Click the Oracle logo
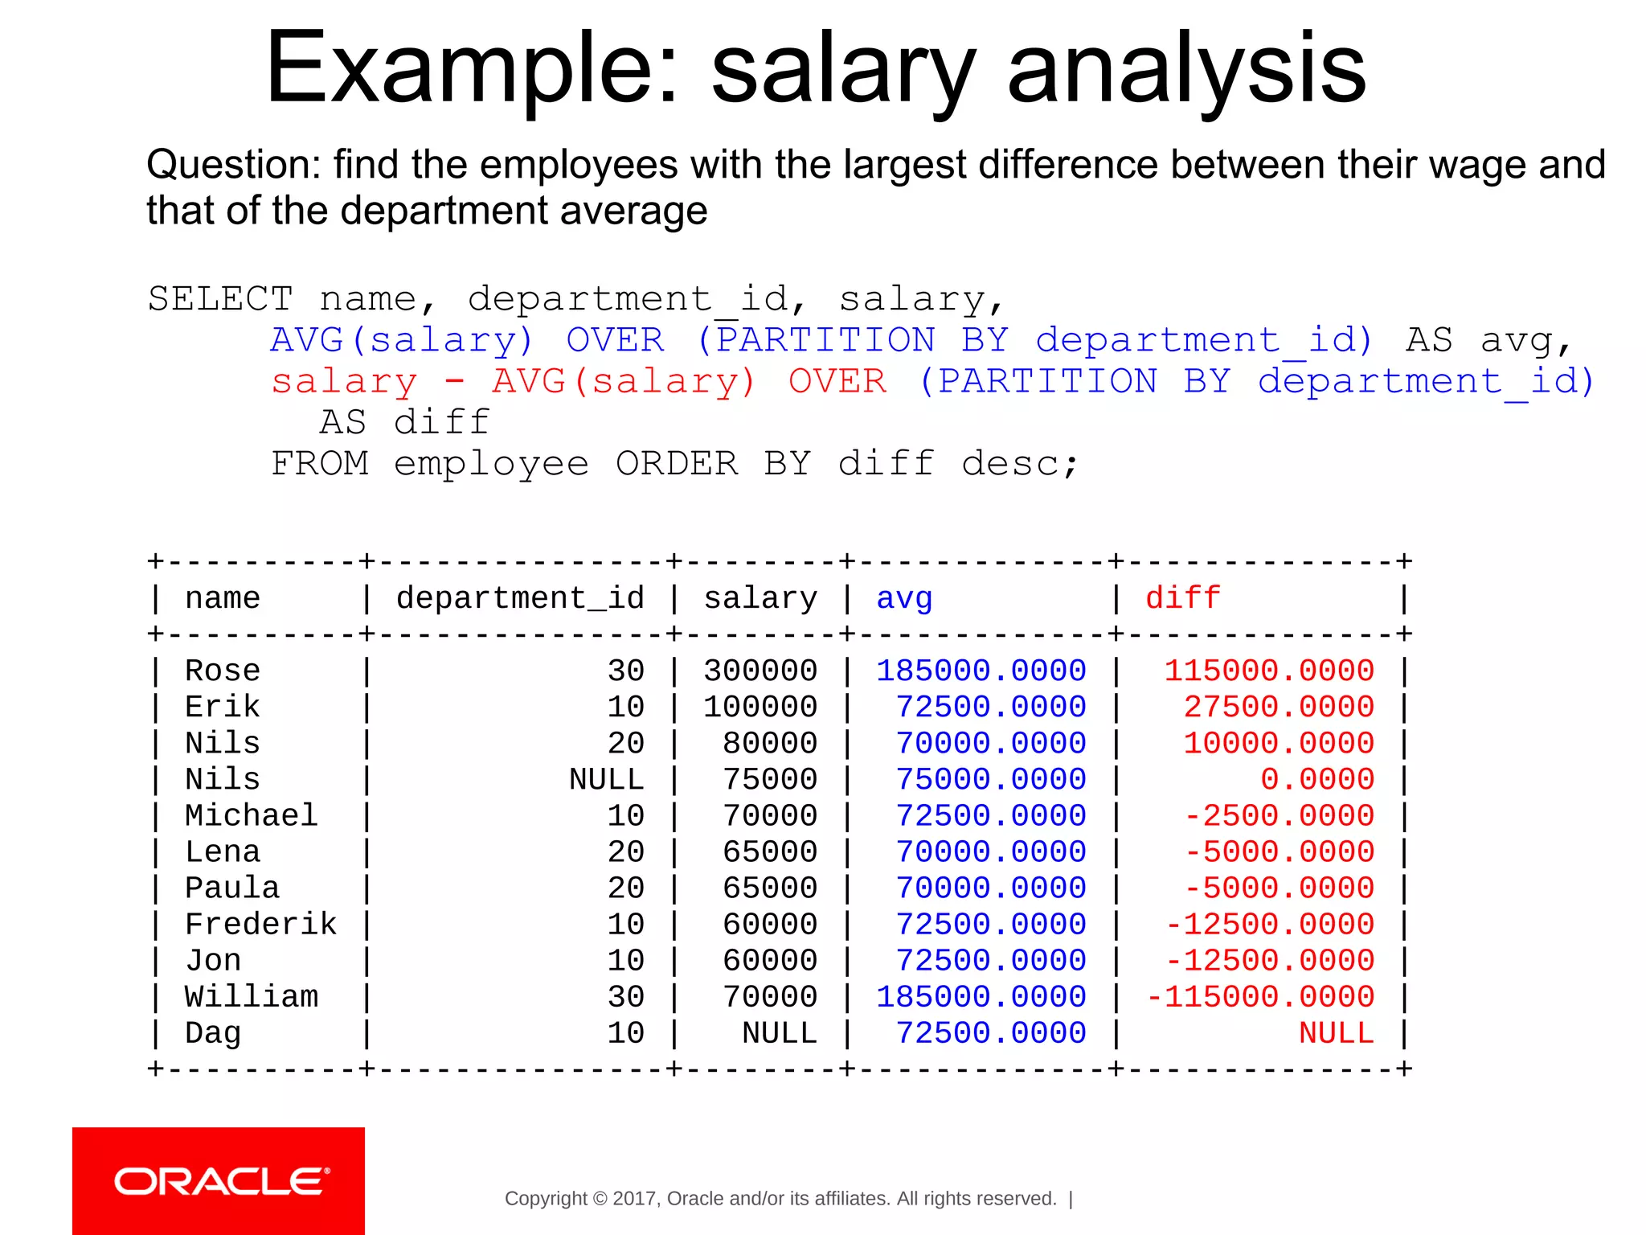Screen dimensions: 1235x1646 pyautogui.click(x=219, y=1181)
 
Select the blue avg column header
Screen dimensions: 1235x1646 pyautogui.click(x=904, y=599)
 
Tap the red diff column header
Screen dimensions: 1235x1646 pyautogui.click(x=1182, y=599)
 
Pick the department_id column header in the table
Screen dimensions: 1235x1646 pyautogui.click(x=520, y=599)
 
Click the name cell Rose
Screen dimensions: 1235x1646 pyautogui.click(x=223, y=671)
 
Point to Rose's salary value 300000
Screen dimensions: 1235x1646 pyautogui.click(x=760, y=671)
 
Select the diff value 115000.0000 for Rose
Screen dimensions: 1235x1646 pyautogui.click(x=1269, y=671)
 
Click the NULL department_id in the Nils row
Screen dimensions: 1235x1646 pyautogui.click(x=606, y=780)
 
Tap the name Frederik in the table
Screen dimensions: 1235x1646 pyautogui.click(x=260, y=925)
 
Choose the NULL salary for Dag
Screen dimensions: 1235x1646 pyautogui.click(x=779, y=1033)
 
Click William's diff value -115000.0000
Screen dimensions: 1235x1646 pyautogui.click(x=1259, y=997)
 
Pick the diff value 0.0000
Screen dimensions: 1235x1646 pyautogui.click(x=1317, y=780)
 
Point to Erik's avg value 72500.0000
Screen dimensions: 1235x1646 pyautogui.click(x=990, y=708)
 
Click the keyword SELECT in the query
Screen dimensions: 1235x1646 pyautogui.click(x=220, y=299)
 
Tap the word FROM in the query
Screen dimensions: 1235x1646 pyautogui.click(x=320, y=464)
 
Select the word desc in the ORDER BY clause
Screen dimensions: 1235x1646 pyautogui.click(x=1010, y=464)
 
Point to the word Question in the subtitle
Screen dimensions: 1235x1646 pyautogui.click(x=233, y=165)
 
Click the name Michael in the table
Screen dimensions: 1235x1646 pyautogui.click(x=251, y=816)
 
